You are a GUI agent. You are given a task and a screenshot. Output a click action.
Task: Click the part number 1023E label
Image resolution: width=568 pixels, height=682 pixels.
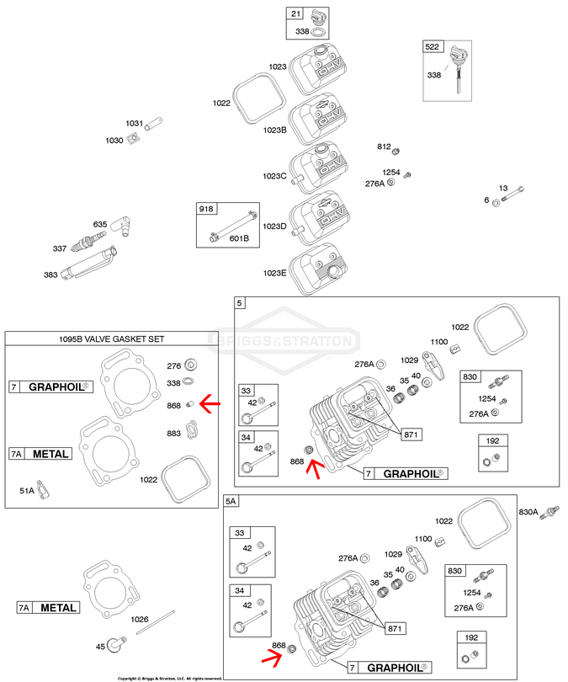tap(275, 273)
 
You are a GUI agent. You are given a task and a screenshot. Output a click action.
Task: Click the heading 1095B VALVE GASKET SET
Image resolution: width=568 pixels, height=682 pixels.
tap(118, 338)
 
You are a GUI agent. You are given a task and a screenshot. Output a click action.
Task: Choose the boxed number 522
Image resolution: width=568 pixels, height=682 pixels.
tap(433, 46)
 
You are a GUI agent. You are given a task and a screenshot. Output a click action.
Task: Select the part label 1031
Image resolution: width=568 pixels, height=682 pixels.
tap(135, 124)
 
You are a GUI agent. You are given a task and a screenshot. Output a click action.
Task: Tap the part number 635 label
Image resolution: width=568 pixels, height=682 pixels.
tap(100, 224)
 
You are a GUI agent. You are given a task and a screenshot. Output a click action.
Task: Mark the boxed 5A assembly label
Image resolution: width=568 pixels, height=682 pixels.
tap(231, 501)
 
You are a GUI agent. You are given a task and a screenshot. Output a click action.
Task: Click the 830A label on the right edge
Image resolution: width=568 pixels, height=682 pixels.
tap(528, 512)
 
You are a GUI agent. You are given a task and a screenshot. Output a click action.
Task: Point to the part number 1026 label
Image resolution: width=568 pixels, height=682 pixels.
tap(140, 619)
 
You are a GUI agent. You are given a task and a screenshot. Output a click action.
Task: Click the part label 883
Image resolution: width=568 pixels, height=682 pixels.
tap(174, 434)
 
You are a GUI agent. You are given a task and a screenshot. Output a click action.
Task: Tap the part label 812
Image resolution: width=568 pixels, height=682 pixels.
tap(384, 147)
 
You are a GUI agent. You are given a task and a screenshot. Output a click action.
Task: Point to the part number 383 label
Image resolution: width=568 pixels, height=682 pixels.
tap(53, 274)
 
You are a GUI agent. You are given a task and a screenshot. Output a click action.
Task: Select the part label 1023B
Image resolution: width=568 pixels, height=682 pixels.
tap(275, 130)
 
